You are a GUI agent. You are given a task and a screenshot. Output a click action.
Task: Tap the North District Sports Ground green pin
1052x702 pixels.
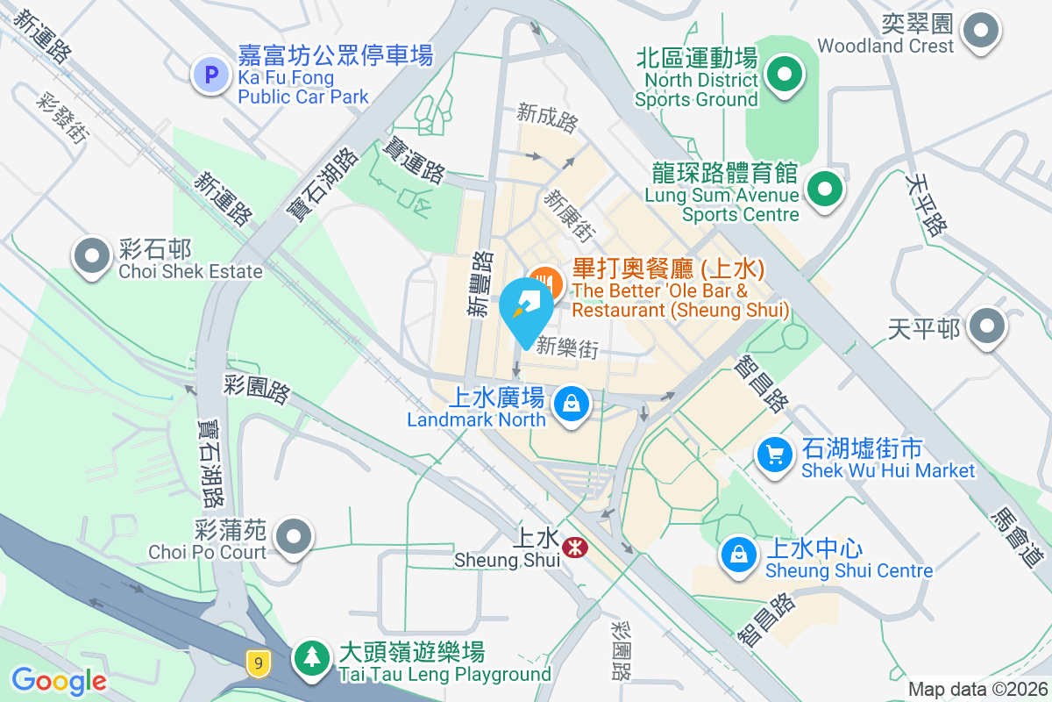[785, 74]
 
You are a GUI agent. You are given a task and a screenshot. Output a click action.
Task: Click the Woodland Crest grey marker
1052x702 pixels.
[980, 32]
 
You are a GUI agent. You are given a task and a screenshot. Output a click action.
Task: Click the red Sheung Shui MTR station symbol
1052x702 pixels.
[575, 548]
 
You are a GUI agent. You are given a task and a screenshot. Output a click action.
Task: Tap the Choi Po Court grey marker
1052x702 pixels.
[293, 535]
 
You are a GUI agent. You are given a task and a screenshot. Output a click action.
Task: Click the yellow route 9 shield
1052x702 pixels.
[257, 663]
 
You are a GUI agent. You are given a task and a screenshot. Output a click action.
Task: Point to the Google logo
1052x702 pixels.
[59, 680]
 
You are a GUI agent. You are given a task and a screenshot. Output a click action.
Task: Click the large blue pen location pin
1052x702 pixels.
[526, 307]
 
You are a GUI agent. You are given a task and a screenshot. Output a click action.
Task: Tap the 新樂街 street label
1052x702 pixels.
[567, 347]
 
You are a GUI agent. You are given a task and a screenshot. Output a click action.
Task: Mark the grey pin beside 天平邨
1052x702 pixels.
[988, 326]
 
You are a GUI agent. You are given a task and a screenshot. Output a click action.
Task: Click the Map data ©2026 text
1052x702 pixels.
[977, 689]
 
